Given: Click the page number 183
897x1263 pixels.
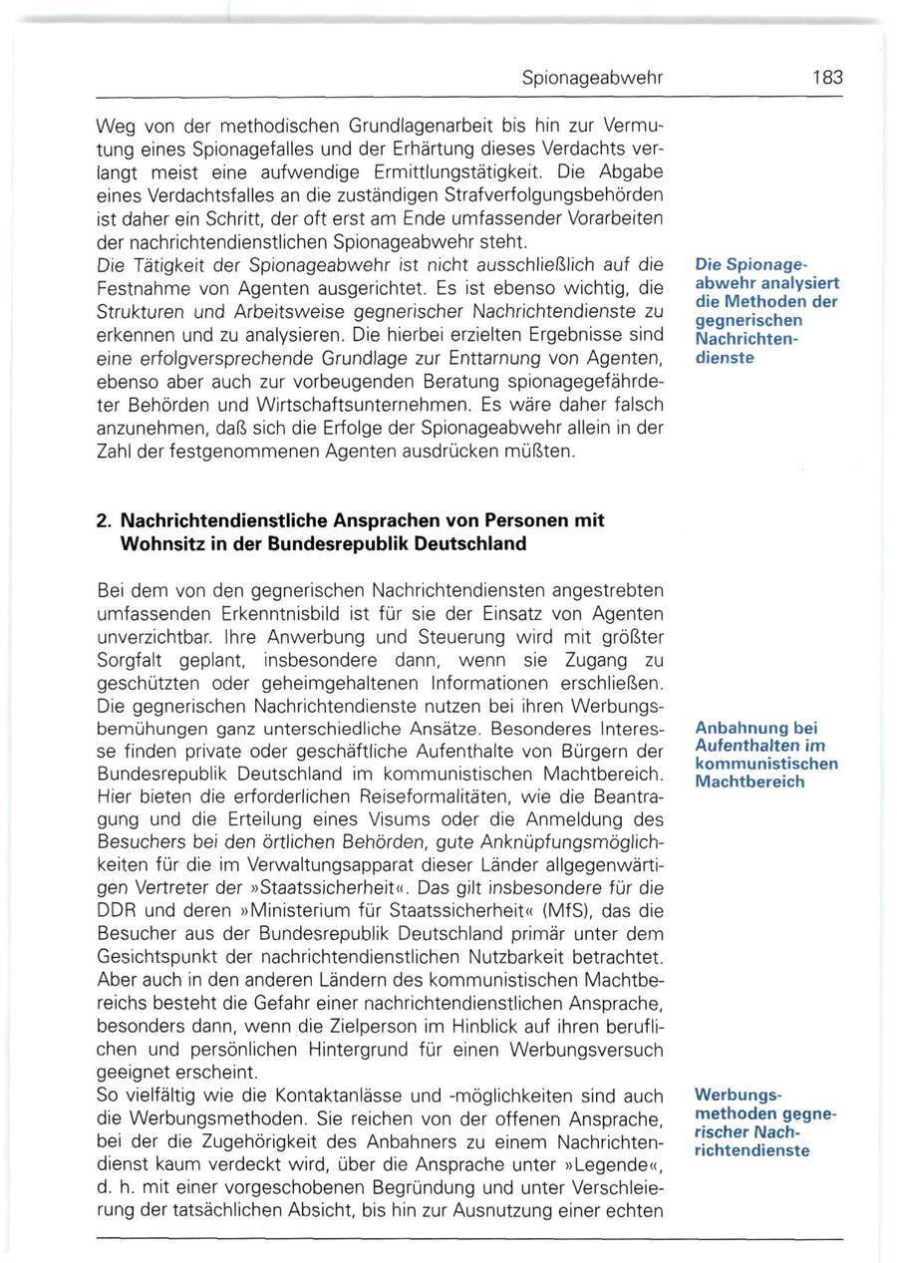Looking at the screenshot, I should point(826,77).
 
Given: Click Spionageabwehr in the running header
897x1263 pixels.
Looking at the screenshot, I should point(592,78).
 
